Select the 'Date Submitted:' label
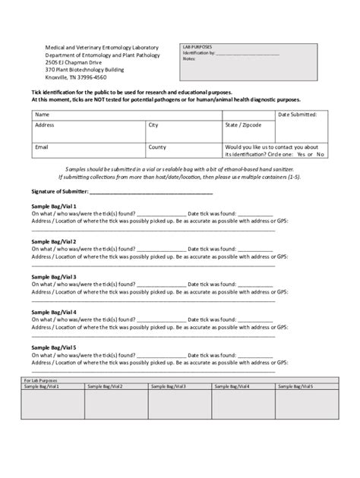(x=302, y=115)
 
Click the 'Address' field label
(x=45, y=124)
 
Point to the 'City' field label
(x=153, y=124)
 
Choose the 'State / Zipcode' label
(x=242, y=124)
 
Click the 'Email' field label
(x=43, y=147)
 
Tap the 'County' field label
(x=157, y=147)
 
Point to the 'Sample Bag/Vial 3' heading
(x=53, y=277)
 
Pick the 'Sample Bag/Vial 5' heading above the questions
(x=53, y=347)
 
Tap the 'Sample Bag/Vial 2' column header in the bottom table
(x=105, y=386)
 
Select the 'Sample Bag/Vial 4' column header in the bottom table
(x=232, y=386)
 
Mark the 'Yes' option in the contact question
(x=302, y=154)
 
